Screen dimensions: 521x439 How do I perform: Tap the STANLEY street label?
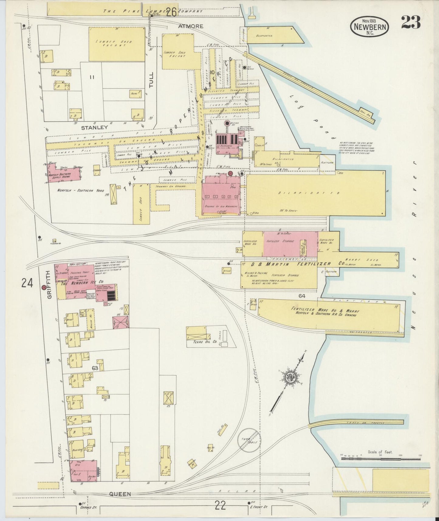point(94,128)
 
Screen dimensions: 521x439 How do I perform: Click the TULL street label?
point(152,80)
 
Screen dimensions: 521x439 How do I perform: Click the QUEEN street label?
point(121,494)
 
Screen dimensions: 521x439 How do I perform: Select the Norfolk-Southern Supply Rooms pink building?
point(65,174)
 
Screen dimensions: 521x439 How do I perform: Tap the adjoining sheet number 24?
point(27,283)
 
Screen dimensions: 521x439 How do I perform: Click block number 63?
point(95,368)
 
